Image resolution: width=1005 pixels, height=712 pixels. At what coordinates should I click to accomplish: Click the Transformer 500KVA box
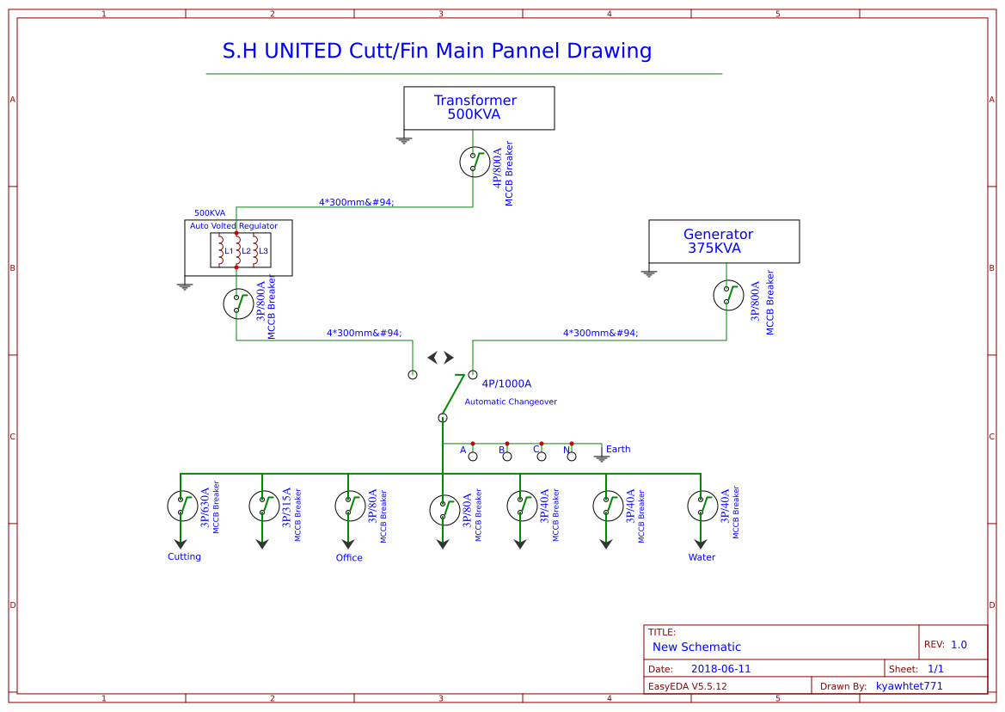[479, 107]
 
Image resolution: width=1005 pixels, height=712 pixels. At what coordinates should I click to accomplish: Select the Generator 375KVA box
[724, 241]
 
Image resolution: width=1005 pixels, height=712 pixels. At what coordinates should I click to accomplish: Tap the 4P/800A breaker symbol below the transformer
[475, 162]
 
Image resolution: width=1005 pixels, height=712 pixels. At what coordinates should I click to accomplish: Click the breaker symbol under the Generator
[728, 295]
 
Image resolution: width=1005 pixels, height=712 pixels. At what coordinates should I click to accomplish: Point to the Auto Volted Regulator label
[234, 226]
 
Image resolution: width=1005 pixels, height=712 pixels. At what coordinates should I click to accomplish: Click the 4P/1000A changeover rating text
[506, 384]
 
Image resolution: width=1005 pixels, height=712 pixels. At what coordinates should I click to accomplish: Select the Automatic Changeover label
[511, 402]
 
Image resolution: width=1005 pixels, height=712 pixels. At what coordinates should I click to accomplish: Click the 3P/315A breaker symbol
[264, 506]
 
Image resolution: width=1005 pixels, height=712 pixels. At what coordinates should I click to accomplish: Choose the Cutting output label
[184, 557]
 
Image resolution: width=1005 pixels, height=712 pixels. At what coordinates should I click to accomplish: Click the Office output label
[349, 558]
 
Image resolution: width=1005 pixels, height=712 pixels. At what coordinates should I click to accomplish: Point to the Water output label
[702, 557]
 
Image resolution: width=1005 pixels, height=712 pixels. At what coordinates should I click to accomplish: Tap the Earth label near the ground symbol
[618, 450]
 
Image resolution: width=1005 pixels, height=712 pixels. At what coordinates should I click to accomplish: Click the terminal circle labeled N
[572, 457]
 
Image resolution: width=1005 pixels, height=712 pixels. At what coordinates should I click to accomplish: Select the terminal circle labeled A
[473, 457]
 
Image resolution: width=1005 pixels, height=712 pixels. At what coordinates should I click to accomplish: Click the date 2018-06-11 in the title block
[720, 669]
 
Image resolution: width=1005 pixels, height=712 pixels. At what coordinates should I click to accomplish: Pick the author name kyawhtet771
[910, 686]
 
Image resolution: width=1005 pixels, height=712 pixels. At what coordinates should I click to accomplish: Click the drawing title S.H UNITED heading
[437, 52]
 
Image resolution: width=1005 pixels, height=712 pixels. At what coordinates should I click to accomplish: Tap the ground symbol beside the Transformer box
[404, 139]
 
